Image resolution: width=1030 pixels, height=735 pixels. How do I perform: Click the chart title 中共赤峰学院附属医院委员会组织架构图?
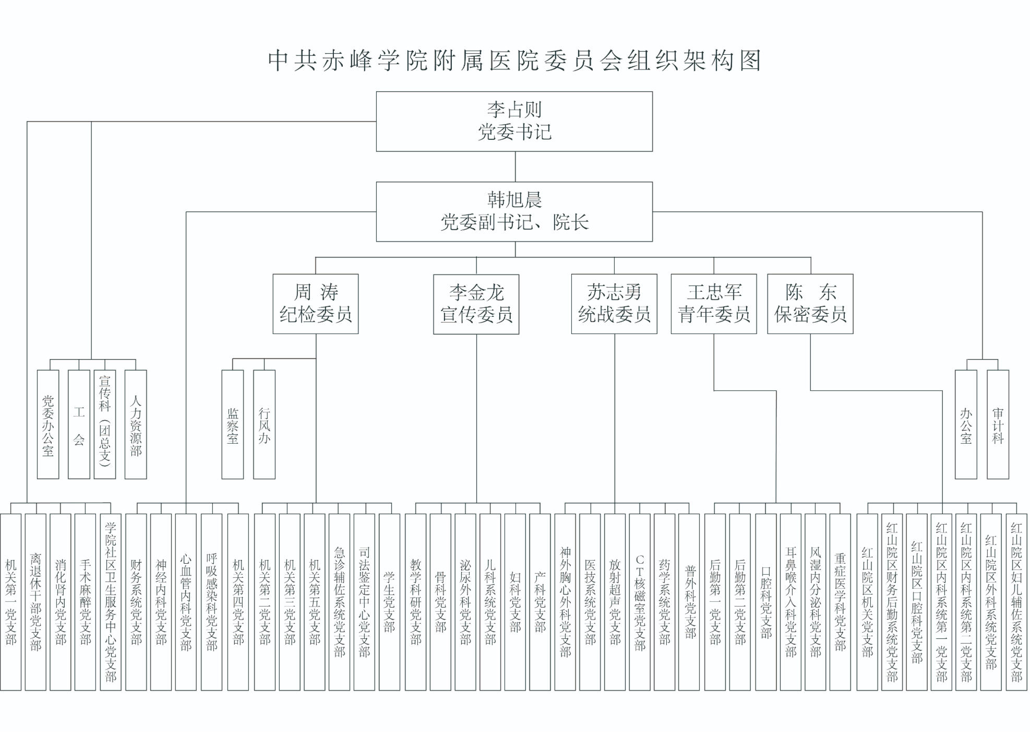click(x=514, y=61)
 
